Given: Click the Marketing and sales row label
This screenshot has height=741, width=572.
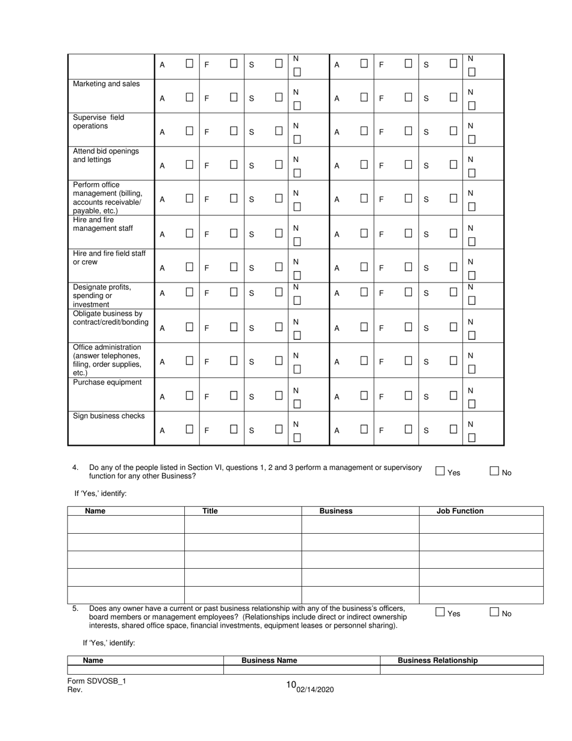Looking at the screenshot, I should click(106, 84).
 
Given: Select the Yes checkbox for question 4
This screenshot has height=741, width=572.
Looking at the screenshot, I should click(440, 472).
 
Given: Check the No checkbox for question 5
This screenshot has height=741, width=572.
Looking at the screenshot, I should click(494, 612).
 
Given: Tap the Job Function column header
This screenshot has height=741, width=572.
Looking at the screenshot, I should click(460, 511).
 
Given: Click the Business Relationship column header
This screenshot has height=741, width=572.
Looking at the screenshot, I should click(438, 660).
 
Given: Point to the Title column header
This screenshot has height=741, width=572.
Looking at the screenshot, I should click(210, 511).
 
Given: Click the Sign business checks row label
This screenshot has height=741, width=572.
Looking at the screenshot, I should click(108, 416).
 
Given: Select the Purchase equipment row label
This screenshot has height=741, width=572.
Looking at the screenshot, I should click(107, 383).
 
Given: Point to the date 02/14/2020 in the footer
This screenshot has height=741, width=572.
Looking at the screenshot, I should click(315, 690).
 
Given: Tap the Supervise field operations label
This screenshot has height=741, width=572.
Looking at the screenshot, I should click(99, 122).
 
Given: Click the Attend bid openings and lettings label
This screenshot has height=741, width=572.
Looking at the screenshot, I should click(105, 155).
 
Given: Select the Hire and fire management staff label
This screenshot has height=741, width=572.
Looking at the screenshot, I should click(102, 224).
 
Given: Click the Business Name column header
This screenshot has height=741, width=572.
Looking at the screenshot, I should click(269, 660).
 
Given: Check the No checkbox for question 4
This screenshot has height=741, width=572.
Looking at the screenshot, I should click(494, 472).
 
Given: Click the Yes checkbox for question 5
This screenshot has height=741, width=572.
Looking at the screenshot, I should click(440, 612).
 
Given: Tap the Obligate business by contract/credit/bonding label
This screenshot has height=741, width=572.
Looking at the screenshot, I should click(110, 317).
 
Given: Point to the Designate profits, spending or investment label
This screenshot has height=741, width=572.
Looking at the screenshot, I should click(102, 296).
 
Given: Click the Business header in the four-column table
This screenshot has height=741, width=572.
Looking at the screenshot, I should click(336, 511).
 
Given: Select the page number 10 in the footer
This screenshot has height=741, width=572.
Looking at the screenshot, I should click(291, 685).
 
